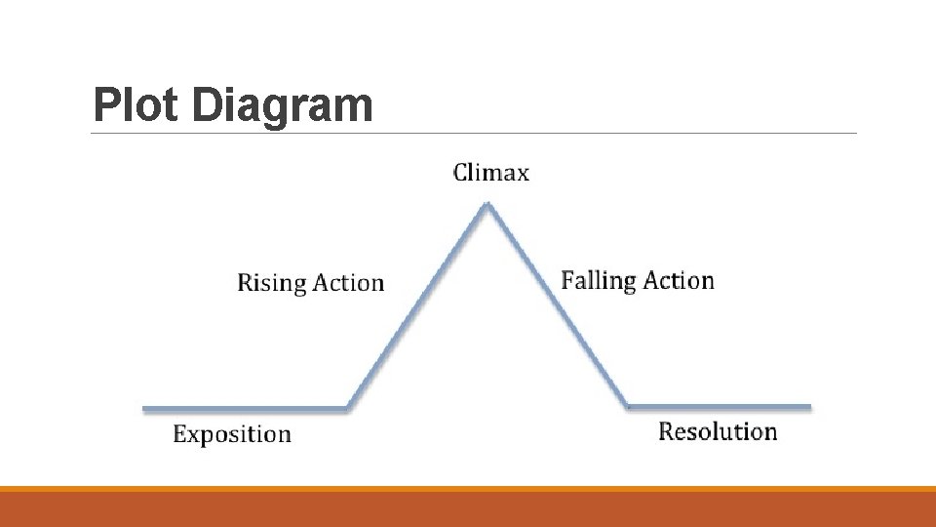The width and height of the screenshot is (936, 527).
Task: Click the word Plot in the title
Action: click(137, 105)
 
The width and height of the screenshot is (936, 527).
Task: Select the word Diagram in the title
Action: click(282, 105)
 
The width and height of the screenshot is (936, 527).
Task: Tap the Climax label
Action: click(491, 174)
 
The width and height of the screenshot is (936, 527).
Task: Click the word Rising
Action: click(272, 283)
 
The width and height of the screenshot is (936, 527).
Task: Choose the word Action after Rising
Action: click(348, 283)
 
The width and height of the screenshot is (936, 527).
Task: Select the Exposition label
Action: click(232, 434)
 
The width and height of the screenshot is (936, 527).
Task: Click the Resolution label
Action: click(718, 431)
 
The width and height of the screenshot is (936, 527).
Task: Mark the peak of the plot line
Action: click(487, 204)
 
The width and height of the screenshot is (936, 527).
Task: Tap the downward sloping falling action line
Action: click(558, 305)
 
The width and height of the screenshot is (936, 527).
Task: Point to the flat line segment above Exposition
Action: click(244, 408)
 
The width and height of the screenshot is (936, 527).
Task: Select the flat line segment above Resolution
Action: click(719, 406)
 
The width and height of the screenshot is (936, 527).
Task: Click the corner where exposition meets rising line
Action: click(348, 408)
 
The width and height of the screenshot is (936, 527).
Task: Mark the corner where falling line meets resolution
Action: click(627, 405)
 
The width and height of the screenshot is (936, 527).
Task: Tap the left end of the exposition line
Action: click(145, 408)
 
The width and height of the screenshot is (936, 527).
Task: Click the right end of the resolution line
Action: click(808, 406)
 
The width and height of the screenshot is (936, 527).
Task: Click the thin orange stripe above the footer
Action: click(468, 489)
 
